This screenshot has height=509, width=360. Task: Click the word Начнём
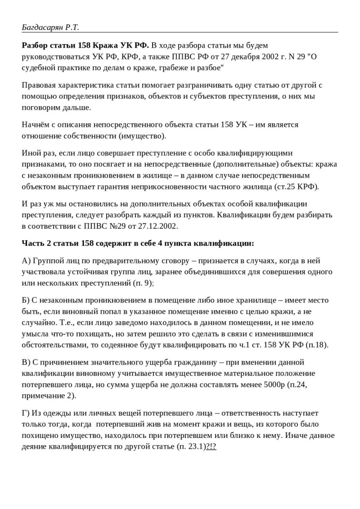tap(36, 125)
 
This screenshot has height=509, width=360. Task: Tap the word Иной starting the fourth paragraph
tap(30, 153)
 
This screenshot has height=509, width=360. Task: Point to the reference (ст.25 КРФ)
tap(296, 186)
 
